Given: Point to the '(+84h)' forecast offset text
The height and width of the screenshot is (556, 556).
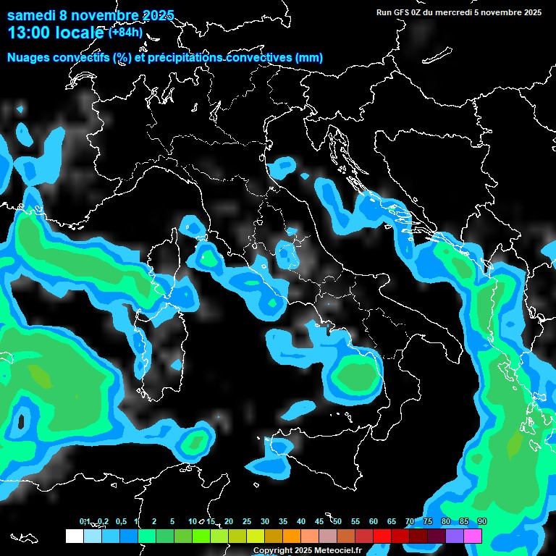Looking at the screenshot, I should coord(125,32).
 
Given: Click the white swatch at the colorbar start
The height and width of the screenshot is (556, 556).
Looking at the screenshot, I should coord(74,536).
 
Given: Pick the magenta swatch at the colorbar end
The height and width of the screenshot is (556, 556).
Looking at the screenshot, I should coord(473,536).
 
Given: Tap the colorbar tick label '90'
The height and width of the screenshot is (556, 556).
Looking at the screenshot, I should coord(482,522).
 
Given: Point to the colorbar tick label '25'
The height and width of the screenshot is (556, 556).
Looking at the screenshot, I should coord(247,522).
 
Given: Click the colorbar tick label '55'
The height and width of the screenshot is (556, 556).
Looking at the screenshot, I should coord(355,522).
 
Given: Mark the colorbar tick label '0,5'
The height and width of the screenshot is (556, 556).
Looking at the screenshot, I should coord(120,522).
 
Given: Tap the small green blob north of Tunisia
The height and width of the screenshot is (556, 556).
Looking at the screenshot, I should coord(195,439).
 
